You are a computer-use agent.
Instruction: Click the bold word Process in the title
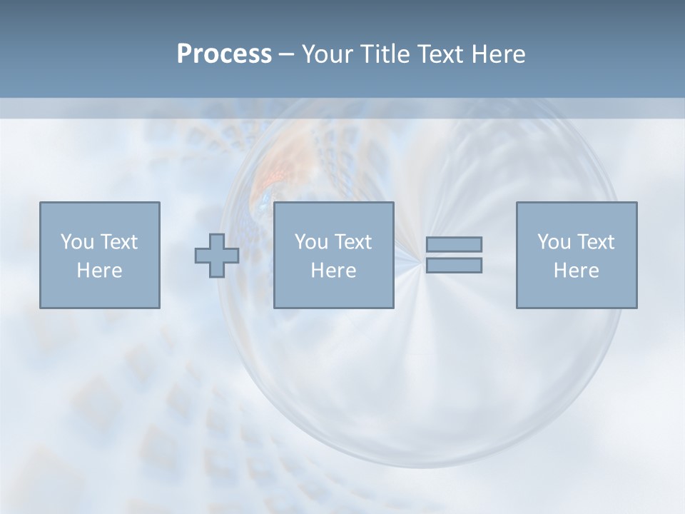(224, 54)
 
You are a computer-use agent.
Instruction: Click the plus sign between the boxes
(217, 256)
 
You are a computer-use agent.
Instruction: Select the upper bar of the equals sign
(454, 244)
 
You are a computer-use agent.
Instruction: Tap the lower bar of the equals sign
(454, 265)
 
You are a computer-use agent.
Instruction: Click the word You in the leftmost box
(76, 242)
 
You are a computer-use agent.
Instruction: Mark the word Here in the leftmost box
(99, 271)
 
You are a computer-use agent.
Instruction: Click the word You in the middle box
(311, 242)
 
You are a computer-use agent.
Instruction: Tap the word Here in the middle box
(333, 271)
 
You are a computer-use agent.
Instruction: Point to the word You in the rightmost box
(554, 242)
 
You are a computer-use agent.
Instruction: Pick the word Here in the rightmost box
(576, 271)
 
